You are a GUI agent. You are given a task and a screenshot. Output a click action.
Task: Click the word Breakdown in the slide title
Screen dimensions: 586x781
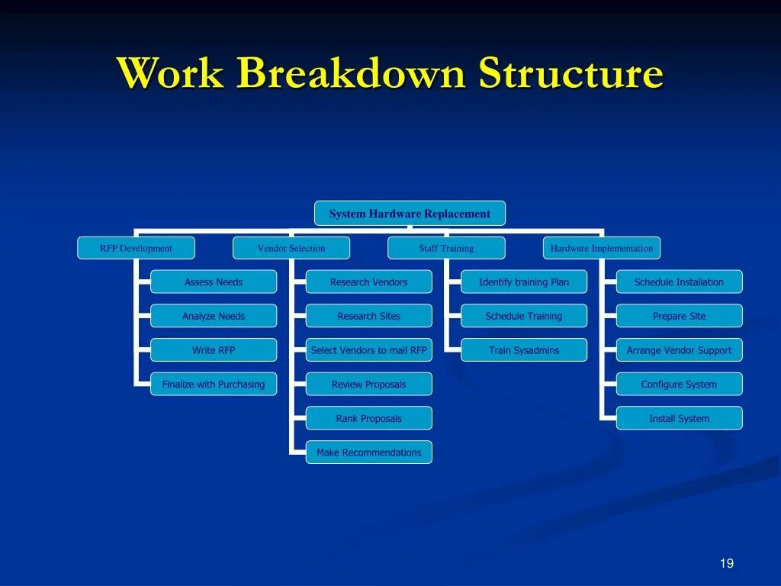(x=352, y=75)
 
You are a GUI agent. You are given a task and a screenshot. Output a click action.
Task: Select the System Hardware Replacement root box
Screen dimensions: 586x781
(x=410, y=214)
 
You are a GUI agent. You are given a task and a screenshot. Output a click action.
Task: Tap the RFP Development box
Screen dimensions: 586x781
(x=136, y=248)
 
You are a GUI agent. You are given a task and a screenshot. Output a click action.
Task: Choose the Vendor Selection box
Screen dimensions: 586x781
(x=291, y=248)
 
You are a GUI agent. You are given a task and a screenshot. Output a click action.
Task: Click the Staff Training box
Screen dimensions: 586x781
(x=446, y=248)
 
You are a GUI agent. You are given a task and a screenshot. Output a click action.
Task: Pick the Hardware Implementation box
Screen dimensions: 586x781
(x=602, y=248)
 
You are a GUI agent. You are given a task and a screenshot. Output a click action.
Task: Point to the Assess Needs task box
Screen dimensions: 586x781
(x=214, y=282)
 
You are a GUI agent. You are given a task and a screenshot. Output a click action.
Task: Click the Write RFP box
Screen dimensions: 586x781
(x=214, y=350)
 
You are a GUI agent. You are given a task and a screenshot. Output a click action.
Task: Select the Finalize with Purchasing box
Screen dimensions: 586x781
(x=214, y=385)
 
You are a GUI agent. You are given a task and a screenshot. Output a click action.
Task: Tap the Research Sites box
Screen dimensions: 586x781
(x=369, y=316)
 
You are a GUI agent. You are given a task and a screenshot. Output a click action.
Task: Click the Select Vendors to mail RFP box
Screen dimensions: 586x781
(x=369, y=350)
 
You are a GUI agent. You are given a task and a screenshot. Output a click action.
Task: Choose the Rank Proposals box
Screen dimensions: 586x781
(x=369, y=418)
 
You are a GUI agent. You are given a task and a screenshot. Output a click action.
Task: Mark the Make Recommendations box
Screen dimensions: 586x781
(x=369, y=452)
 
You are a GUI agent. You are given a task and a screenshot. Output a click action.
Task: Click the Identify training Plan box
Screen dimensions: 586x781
(x=524, y=282)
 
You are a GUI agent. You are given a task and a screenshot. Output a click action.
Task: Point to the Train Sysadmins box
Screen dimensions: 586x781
(x=524, y=350)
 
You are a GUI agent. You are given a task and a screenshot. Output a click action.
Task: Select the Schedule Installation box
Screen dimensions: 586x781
(x=679, y=282)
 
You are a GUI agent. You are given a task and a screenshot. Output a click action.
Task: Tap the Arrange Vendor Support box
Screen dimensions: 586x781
(x=679, y=350)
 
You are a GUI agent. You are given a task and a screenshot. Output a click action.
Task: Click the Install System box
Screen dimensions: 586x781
(x=679, y=418)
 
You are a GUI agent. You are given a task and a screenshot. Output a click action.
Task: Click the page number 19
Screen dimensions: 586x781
(x=726, y=563)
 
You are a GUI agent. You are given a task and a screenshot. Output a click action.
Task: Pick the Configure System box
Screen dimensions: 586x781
(x=679, y=385)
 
